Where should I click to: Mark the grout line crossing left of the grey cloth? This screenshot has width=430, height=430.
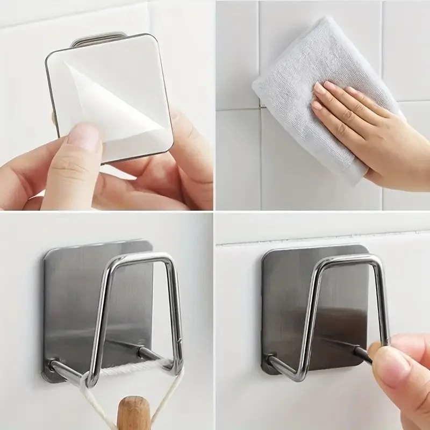pyautogui.click(x=236, y=108)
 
